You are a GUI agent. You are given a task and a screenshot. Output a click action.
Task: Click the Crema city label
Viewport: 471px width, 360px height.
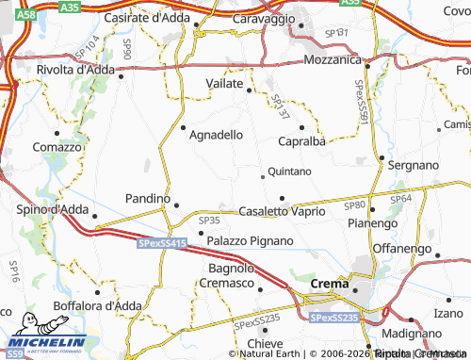(x=329, y=282)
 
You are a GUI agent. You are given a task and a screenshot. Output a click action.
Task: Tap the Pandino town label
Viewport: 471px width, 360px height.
(x=147, y=199)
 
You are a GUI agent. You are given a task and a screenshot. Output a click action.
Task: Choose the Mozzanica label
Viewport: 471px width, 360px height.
(x=333, y=59)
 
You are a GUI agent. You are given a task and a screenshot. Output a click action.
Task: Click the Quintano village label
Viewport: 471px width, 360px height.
(x=289, y=172)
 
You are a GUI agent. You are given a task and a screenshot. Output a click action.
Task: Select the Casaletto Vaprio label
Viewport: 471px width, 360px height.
(x=282, y=211)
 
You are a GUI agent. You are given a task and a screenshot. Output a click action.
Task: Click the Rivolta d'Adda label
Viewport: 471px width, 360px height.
(x=75, y=70)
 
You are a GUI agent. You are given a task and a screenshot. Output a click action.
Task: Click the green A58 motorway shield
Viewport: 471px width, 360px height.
(x=28, y=16)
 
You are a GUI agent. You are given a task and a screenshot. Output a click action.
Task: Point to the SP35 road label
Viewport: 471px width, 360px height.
(x=209, y=220)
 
